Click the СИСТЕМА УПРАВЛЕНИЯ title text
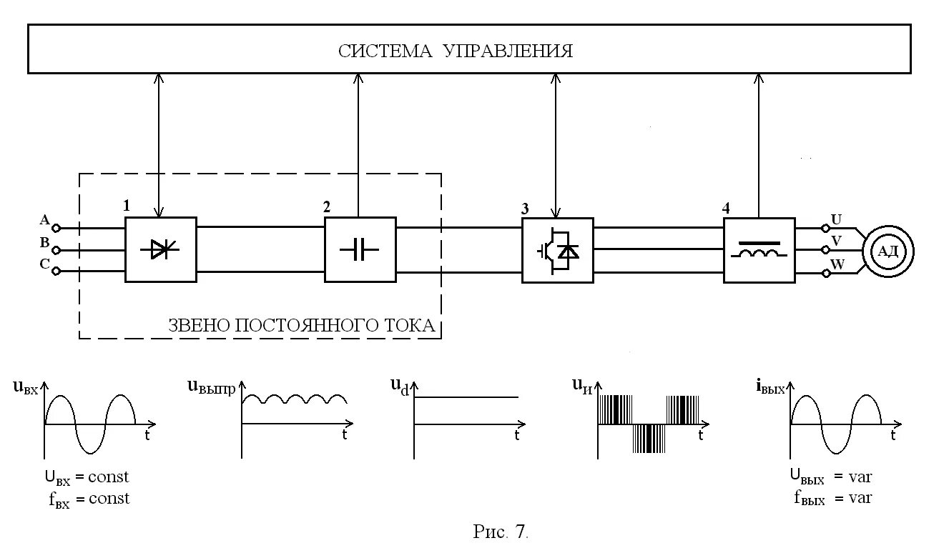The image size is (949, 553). click(x=456, y=51)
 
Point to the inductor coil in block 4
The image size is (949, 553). click(x=759, y=254)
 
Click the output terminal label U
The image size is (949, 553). click(x=835, y=219)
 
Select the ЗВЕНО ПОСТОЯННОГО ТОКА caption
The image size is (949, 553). click(x=301, y=326)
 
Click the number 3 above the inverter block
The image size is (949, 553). click(x=525, y=209)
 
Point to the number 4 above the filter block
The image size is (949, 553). click(x=726, y=209)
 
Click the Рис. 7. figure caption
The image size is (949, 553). click(x=500, y=532)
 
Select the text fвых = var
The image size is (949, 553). click(x=832, y=498)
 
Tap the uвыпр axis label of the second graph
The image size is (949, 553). click(x=211, y=387)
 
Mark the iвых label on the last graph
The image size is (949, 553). click(x=769, y=387)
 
